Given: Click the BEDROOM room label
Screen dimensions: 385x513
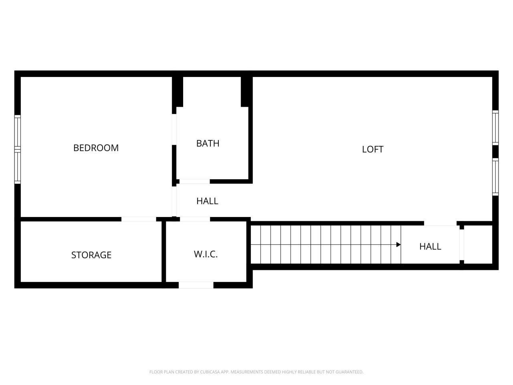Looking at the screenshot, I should pos(96,148).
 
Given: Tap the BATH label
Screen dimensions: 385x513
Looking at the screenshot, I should pos(208,143).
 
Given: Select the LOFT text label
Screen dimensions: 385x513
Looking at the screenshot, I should pos(373,149).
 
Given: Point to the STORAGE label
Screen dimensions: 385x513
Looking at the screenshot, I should pos(91,255).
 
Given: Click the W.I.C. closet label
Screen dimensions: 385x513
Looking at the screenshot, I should pos(206,254).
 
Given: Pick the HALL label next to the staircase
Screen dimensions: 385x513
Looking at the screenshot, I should pos(430,246).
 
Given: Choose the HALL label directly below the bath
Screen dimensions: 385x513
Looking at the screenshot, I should pos(207,201).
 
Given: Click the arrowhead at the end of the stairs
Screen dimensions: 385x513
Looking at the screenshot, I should pos(398,245).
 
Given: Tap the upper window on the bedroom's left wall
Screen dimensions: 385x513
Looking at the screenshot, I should pos(17,132).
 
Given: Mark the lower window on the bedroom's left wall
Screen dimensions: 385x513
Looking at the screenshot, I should pos(17,166).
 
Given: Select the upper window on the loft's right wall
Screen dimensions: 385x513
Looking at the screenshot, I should pos(495,128).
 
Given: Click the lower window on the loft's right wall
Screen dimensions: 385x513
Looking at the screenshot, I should pos(495,176).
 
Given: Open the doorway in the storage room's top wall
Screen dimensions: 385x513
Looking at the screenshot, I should pos(139,219).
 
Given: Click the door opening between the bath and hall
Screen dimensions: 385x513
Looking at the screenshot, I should pos(194,182).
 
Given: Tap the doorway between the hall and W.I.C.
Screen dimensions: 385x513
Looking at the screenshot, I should pos(195,219).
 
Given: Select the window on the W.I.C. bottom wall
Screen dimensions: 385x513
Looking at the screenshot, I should pos(196,285).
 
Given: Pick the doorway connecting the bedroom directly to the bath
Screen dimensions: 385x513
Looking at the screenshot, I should pos(174,130).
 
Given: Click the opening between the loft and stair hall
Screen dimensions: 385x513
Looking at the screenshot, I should pos(440,223).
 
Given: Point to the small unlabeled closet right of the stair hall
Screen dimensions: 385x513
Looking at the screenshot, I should pos(478,244).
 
